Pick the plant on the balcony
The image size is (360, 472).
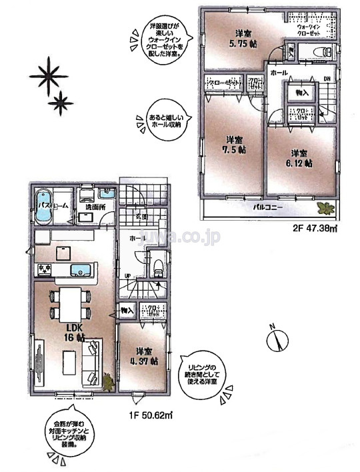tap(325, 208)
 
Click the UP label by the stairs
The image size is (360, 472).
tap(127, 275)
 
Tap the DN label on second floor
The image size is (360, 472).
tap(327, 79)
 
